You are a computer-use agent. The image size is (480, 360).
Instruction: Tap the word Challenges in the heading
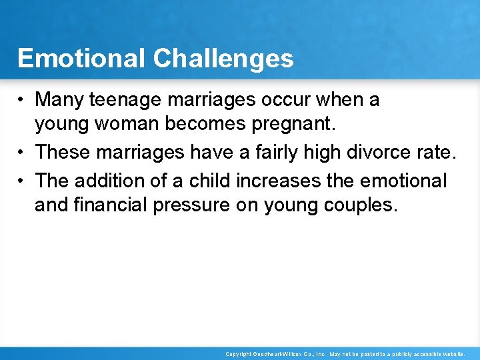[223, 59]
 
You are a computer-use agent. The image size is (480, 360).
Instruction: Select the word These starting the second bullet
[64, 152]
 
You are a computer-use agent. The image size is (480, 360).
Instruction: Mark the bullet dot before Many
[22, 101]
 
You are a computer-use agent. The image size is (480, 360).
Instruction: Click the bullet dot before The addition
[22, 180]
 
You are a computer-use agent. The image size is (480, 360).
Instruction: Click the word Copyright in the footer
[238, 354]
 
